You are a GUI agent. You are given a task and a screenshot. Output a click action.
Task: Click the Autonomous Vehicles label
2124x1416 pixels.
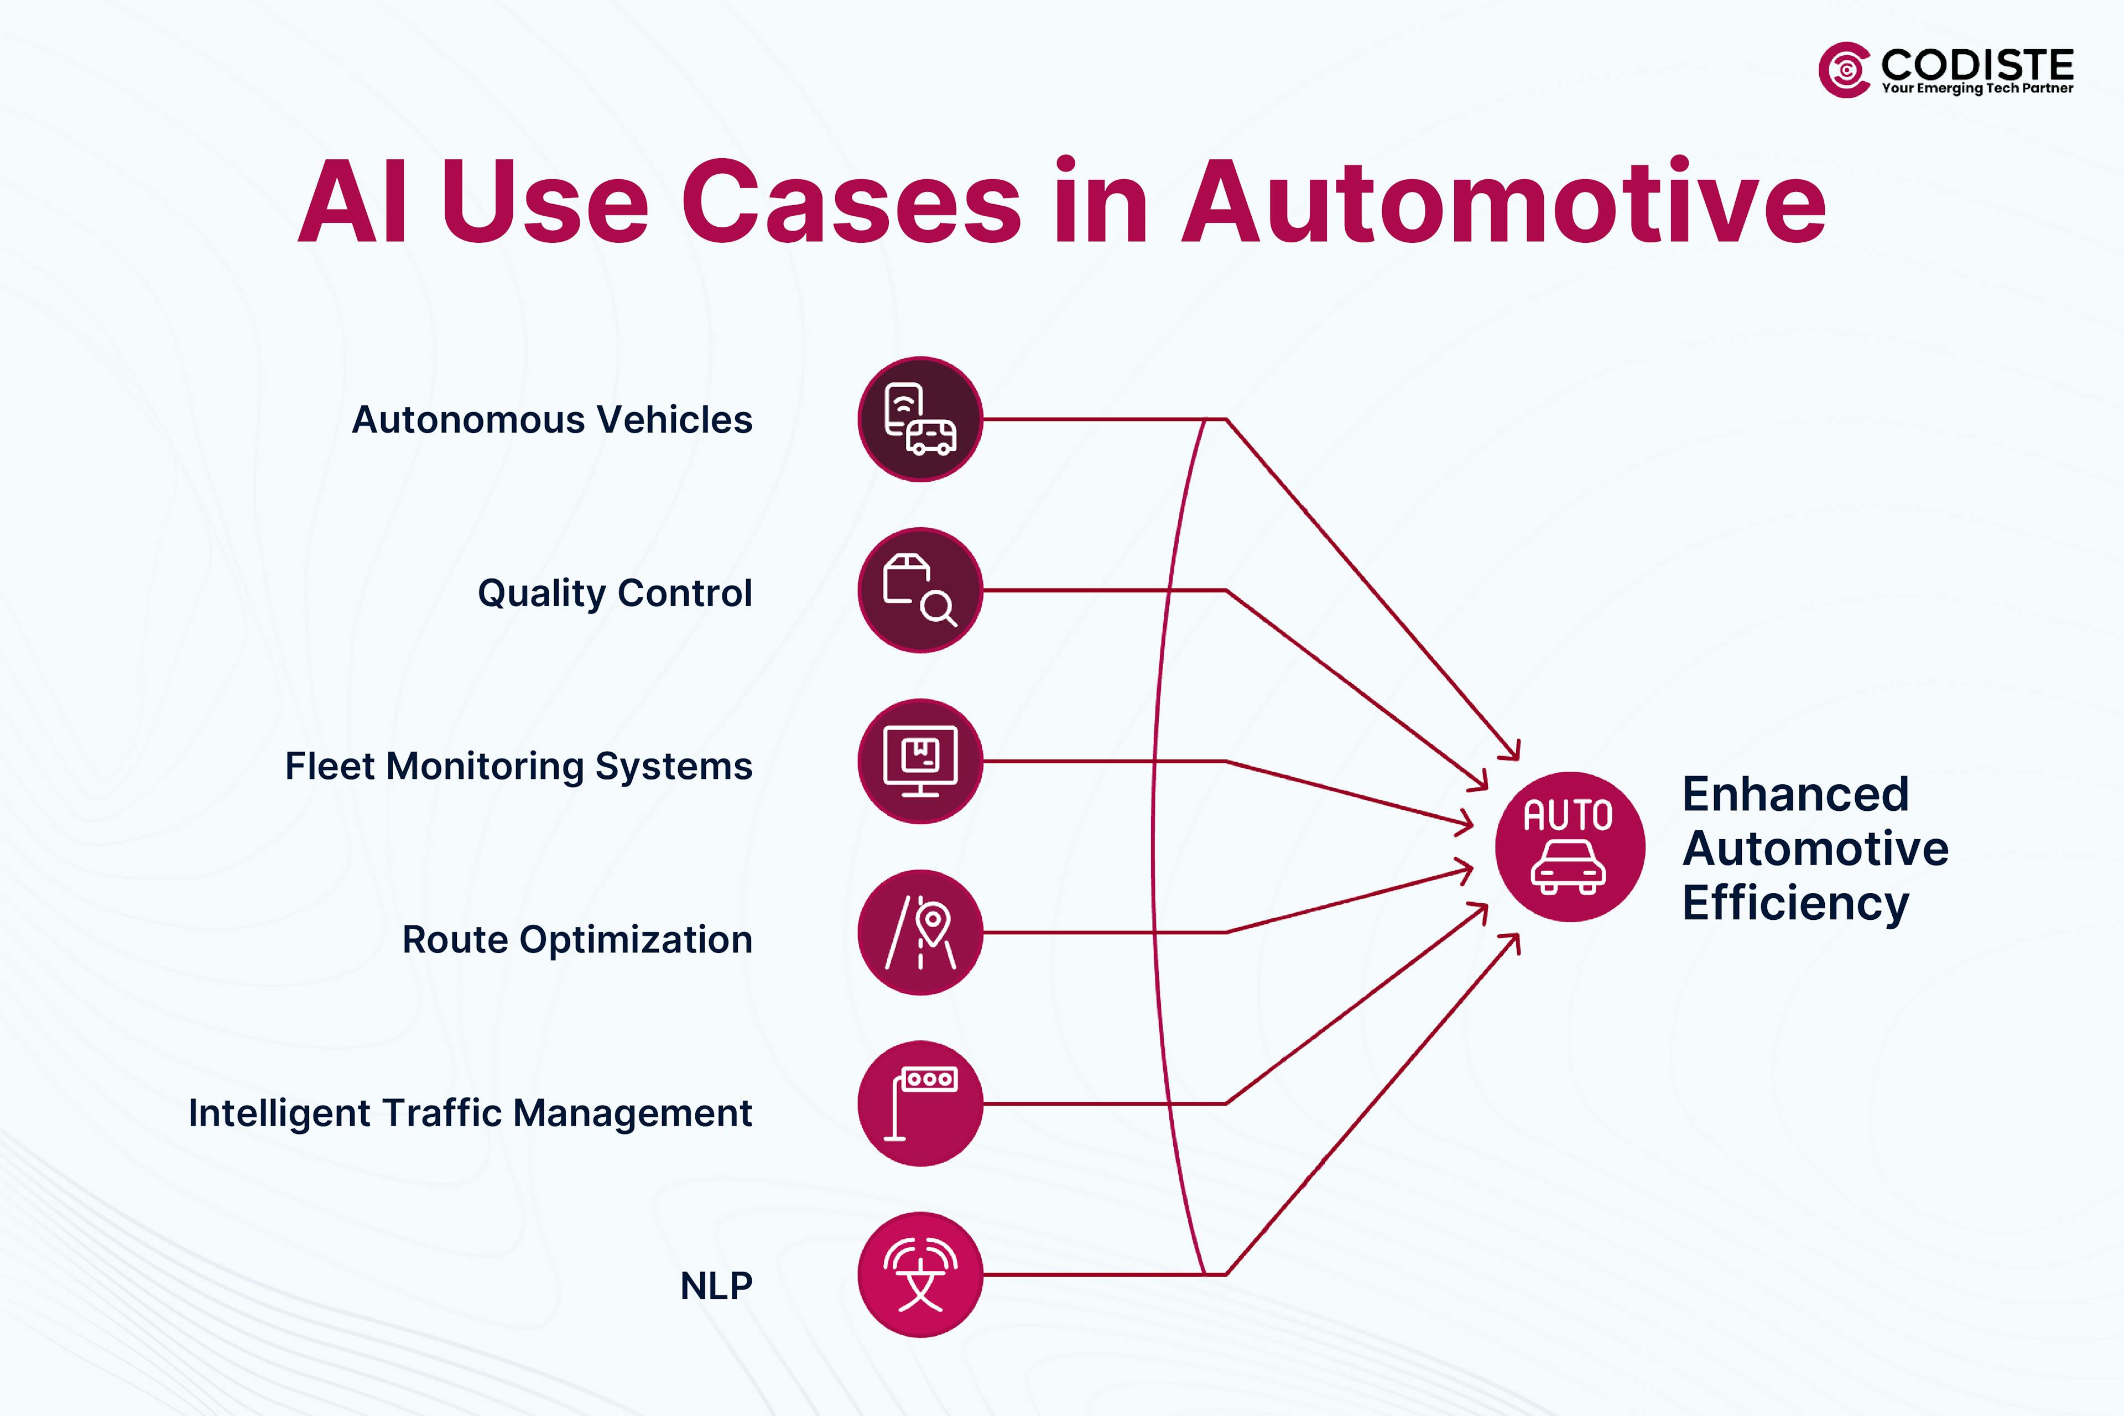point(552,420)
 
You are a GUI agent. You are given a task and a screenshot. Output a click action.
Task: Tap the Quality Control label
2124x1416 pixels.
point(614,594)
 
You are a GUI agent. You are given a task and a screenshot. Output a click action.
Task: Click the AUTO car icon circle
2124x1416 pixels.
point(1570,846)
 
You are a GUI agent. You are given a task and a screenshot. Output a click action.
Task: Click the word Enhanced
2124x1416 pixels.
point(1795,795)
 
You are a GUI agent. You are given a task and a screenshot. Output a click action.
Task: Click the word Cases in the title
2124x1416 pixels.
point(851,202)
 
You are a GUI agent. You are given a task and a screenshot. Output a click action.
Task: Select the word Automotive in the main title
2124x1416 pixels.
point(1503,202)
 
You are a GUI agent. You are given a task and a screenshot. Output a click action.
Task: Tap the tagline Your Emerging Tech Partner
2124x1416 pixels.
point(1977,88)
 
